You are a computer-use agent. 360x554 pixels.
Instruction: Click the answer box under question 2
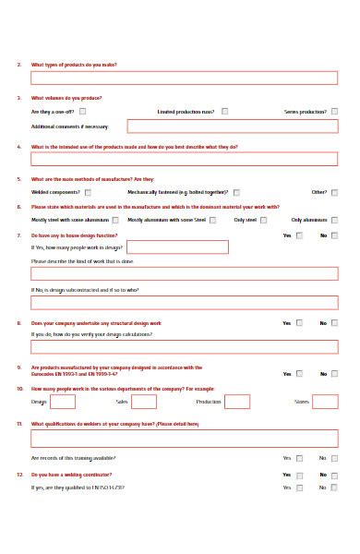coord(185,78)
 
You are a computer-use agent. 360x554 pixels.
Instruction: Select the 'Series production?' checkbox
coord(334,112)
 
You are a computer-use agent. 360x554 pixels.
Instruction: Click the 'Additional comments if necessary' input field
coord(233,126)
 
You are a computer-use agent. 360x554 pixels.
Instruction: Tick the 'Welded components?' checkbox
coord(88,192)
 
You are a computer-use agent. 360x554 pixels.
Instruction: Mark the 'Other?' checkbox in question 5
coord(334,192)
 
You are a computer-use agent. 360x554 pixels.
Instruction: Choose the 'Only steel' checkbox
coord(264,221)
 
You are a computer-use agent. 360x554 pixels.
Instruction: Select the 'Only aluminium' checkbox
coord(334,221)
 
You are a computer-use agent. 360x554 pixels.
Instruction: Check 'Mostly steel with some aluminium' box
coord(115,221)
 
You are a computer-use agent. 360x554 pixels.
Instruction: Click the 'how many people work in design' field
coord(177,247)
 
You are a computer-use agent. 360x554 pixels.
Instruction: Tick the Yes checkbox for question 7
coord(299,235)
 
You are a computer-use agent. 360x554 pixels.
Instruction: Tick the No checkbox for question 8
coord(334,323)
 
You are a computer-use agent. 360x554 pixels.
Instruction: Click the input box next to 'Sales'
coord(144,402)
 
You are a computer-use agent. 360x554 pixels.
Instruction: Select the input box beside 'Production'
coord(237,402)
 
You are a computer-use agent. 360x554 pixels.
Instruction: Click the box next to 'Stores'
coord(325,402)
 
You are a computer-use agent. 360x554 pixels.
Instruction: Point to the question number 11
coord(19,424)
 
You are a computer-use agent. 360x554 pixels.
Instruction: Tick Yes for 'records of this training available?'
coord(299,458)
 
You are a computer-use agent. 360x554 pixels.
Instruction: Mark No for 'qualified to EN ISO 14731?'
coord(334,488)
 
